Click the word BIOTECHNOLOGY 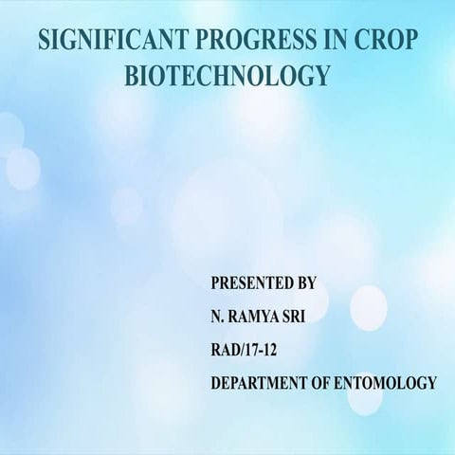(x=227, y=76)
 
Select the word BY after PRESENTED (x=305, y=283)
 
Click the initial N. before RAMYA (x=217, y=317)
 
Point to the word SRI (x=307, y=317)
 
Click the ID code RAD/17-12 (x=245, y=350)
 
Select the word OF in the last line (x=326, y=383)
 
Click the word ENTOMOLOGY (x=389, y=383)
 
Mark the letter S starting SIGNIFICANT (x=43, y=42)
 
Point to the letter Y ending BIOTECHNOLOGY (x=323, y=76)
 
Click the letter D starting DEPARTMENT (x=216, y=383)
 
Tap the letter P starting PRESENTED (x=215, y=283)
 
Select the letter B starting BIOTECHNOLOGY (x=132, y=76)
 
